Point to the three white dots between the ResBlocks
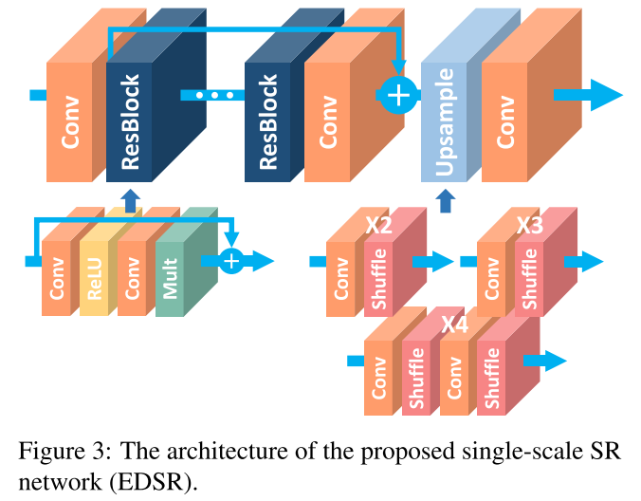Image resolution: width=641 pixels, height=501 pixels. point(213,96)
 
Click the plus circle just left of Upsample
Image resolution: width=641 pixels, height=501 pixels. point(398,95)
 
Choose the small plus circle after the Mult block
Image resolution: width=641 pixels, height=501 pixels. point(230,261)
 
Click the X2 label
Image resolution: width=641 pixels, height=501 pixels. point(378,227)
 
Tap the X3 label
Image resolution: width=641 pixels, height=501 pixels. point(529,227)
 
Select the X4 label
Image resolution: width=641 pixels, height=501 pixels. point(454,325)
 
